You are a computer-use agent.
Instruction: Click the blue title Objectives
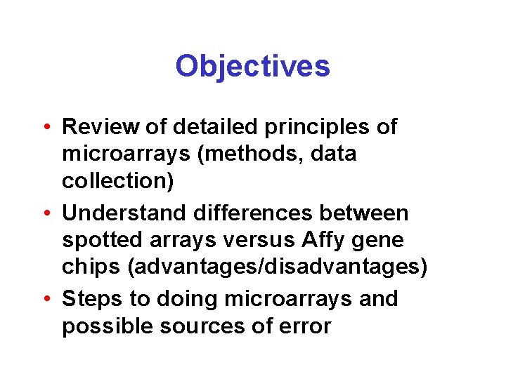(252, 67)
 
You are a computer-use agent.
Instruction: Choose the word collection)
(117, 181)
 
